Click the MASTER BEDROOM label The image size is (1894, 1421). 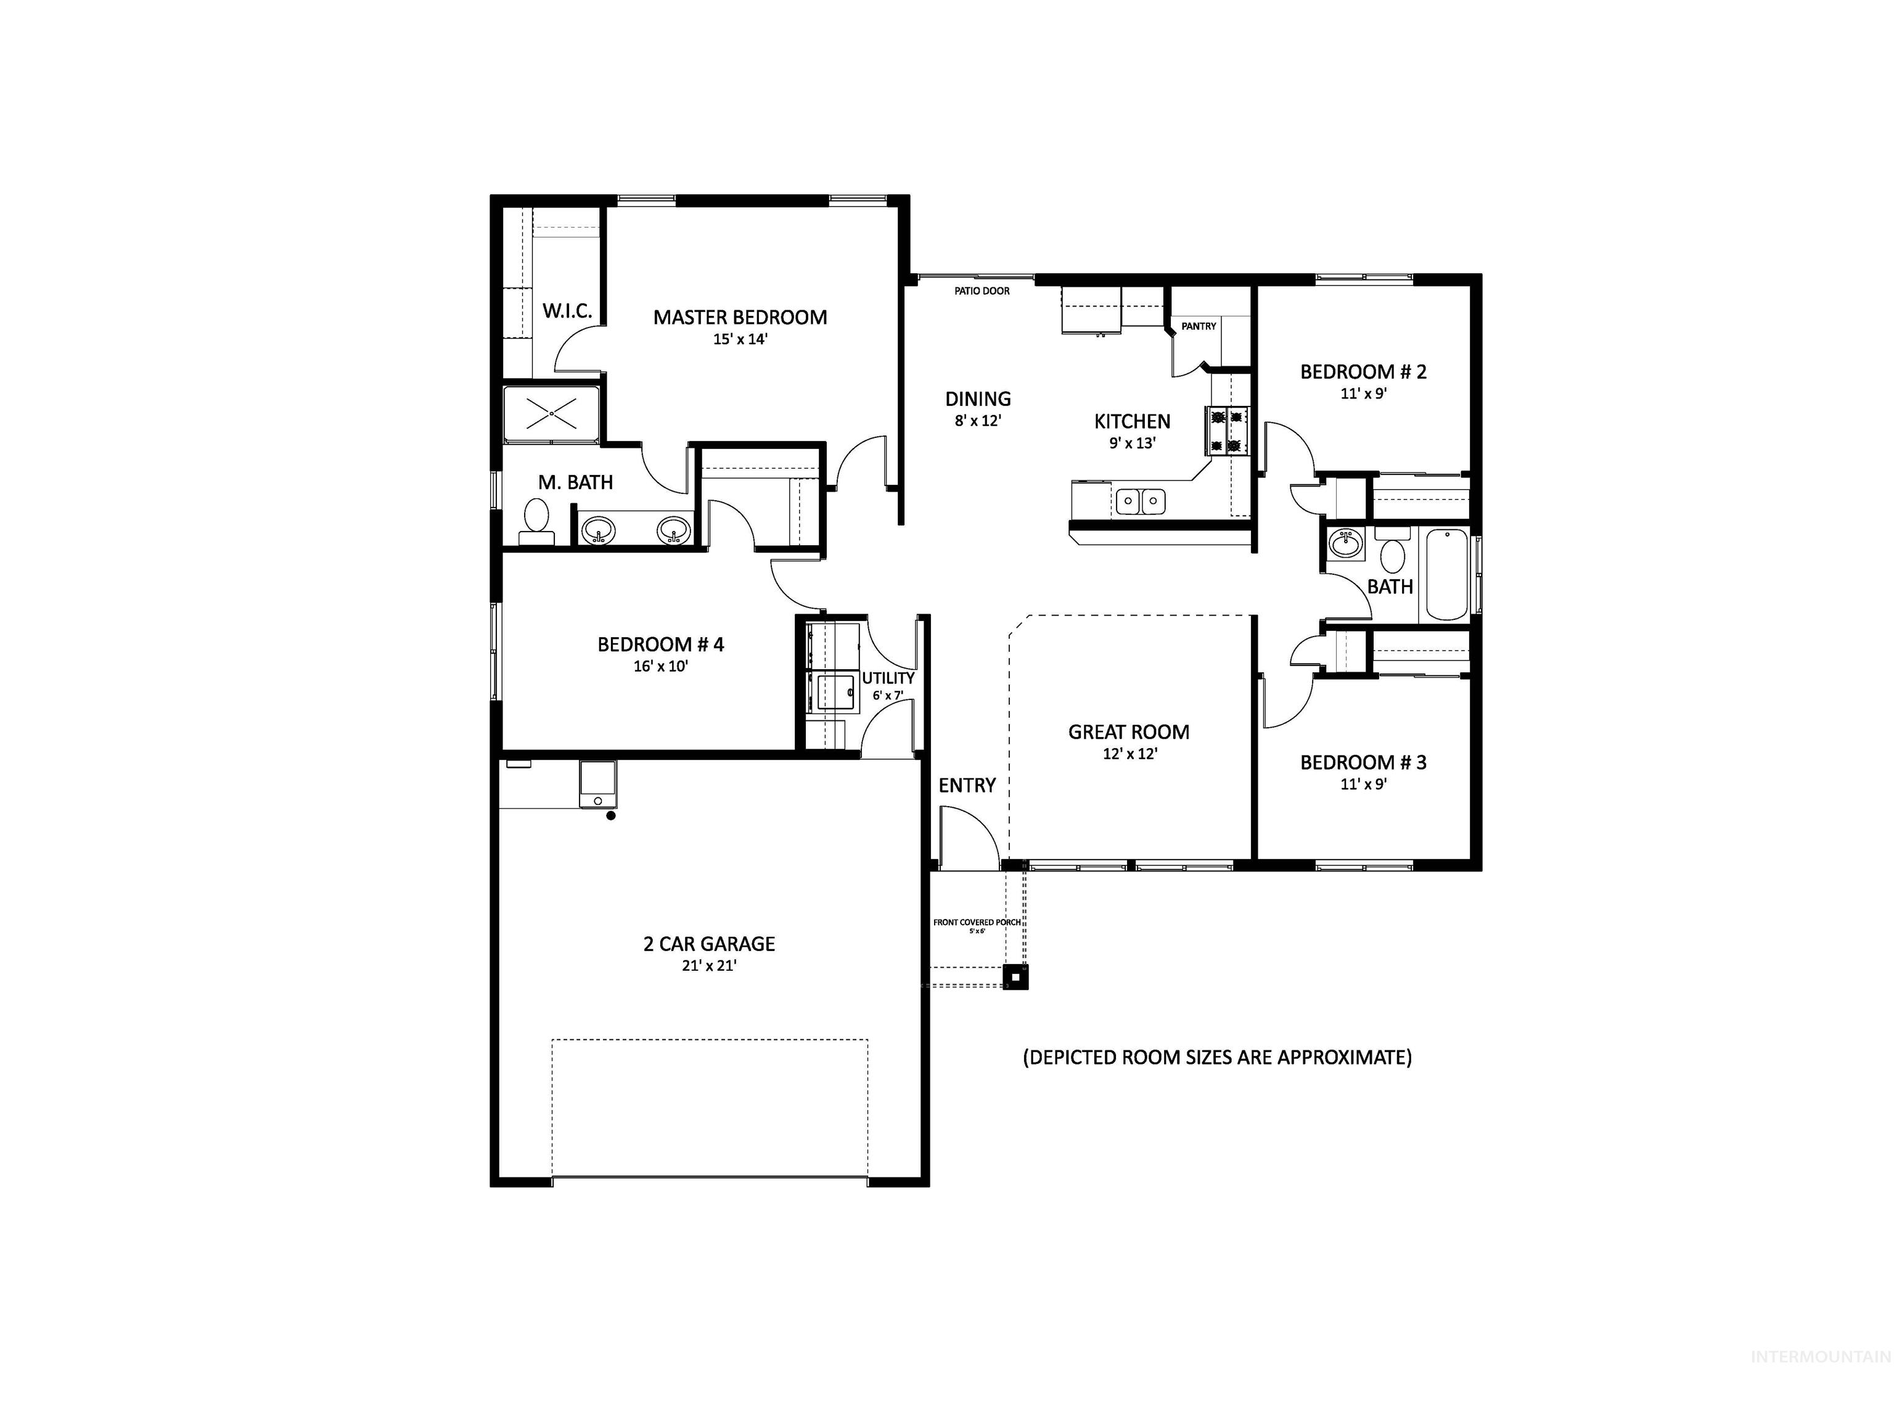coord(740,318)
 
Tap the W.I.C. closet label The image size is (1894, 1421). coord(567,311)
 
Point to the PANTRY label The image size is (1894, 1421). coord(1198,326)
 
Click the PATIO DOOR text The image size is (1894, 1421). coord(982,291)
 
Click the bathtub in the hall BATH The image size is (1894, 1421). coord(1446,574)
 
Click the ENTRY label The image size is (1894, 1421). coord(967,786)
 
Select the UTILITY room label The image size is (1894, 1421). coord(888,678)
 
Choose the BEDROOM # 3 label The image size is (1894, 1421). coord(1363,762)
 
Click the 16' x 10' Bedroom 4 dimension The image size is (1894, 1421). coord(660,666)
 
